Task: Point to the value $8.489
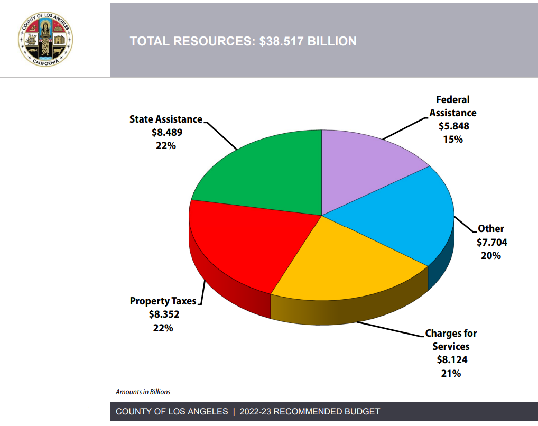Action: click(165, 133)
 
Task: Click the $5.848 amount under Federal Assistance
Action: click(453, 126)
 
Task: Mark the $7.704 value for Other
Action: click(491, 242)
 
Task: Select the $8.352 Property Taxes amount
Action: click(164, 314)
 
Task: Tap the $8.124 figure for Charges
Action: click(452, 360)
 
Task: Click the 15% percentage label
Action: click(453, 140)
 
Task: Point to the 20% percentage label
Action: click(490, 255)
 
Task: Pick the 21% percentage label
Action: click(451, 373)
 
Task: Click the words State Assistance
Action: click(165, 119)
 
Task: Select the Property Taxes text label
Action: click(163, 301)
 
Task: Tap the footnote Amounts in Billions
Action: click(143, 392)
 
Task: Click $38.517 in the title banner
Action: click(283, 41)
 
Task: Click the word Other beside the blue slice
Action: click(491, 229)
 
